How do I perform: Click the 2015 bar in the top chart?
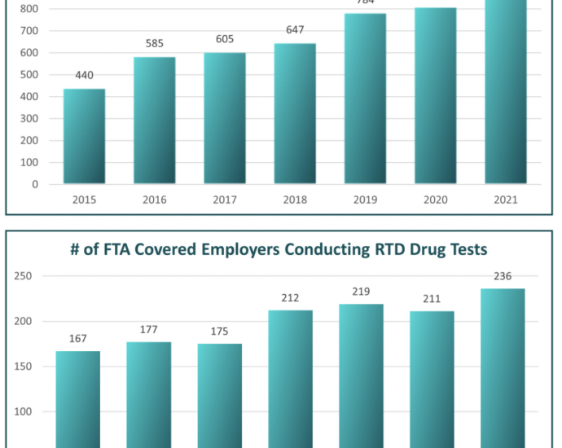pos(84,136)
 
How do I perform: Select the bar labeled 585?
pos(155,121)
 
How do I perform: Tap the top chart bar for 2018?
pos(295,114)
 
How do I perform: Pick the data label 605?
pos(225,41)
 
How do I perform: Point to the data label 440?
pos(84,76)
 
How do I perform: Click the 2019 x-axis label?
pos(364,200)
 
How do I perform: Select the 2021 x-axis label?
pos(504,200)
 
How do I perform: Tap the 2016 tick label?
pos(155,200)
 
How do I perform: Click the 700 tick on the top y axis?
pos(29,31)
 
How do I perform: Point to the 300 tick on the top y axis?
pos(29,119)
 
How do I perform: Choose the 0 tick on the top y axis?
pos(35,184)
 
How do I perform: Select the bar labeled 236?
pos(503,367)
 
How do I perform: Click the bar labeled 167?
pos(77,399)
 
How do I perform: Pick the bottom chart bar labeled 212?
pos(290,379)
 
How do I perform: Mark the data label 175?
pos(219,332)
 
